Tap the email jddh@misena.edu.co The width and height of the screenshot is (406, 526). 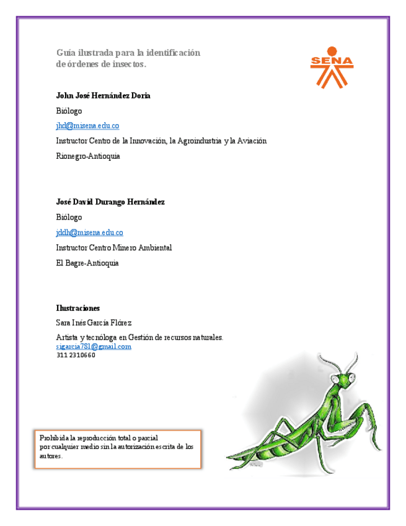click(x=89, y=233)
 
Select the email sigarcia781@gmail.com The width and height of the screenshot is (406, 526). click(x=94, y=347)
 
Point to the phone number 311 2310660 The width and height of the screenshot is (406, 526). click(x=76, y=355)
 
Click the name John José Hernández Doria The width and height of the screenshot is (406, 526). click(x=103, y=96)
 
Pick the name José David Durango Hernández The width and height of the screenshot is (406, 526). click(x=110, y=202)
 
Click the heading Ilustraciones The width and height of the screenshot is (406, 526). click(x=78, y=308)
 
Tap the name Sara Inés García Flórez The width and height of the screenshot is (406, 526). click(x=94, y=323)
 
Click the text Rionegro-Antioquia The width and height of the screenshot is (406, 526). click(x=88, y=156)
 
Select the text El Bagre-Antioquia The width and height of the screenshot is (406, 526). click(x=87, y=263)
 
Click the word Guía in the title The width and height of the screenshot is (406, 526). click(x=65, y=53)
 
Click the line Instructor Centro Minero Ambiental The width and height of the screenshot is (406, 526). click(x=113, y=247)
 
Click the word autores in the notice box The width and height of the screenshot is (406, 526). click(x=50, y=456)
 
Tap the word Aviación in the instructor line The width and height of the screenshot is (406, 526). click(x=252, y=141)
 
